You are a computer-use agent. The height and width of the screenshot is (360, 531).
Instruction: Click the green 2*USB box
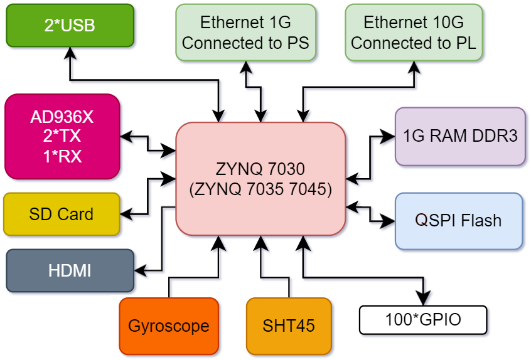point(70,25)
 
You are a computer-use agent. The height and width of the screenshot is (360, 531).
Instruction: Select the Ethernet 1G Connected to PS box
point(245,33)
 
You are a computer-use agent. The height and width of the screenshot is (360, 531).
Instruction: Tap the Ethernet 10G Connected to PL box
point(413,33)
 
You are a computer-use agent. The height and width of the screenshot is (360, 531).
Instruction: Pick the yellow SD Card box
point(61,214)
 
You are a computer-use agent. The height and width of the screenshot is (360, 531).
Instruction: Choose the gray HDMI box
point(70,270)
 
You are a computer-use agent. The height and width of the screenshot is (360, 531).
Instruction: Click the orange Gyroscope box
point(168,326)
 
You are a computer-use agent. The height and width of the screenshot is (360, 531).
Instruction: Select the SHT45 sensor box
point(288,326)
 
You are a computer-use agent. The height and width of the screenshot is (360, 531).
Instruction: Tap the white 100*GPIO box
point(422,320)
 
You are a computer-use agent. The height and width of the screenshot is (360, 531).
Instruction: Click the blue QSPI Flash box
point(458,220)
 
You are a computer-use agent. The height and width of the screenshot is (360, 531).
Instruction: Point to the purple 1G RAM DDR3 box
point(460,136)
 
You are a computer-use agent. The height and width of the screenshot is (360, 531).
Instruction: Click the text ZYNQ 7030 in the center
point(260,169)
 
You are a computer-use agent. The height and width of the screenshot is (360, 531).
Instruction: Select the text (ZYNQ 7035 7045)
point(260,188)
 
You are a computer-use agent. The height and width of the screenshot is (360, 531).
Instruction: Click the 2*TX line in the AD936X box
point(62,136)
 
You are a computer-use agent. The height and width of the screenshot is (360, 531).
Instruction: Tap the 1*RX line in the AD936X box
point(62,156)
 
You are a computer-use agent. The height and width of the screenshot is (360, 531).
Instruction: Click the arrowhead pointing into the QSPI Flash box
point(389,221)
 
